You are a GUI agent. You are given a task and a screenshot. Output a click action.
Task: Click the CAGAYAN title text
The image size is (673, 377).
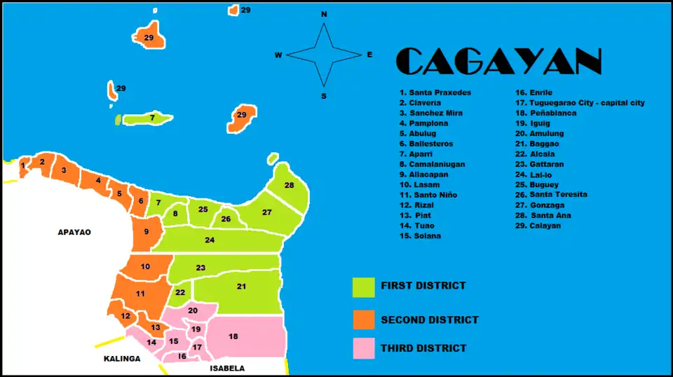(x=499, y=62)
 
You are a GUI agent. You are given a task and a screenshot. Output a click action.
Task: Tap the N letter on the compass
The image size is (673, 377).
(x=324, y=14)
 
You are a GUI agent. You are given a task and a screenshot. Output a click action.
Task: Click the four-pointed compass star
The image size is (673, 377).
(x=324, y=55)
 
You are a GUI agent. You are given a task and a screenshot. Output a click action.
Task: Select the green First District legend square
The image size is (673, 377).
(x=363, y=287)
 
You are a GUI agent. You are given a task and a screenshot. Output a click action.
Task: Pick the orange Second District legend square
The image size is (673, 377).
(x=363, y=320)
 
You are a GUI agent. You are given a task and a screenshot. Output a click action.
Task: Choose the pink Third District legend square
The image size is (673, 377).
(x=363, y=348)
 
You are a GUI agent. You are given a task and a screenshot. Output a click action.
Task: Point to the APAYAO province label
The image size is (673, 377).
(x=74, y=232)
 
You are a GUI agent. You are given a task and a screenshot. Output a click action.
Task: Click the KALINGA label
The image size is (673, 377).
(x=122, y=359)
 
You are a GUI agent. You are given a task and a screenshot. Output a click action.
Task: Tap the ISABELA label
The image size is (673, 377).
(x=227, y=368)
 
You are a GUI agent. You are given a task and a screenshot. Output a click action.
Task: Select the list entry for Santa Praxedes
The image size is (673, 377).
(x=435, y=92)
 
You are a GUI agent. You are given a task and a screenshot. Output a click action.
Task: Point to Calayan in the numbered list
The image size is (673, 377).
(x=538, y=226)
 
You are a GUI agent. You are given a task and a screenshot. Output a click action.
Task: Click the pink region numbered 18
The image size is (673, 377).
(x=242, y=337)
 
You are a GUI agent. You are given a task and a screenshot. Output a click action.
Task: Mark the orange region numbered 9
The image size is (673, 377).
(x=147, y=232)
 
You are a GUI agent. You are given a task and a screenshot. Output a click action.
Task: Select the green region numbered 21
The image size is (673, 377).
(x=241, y=287)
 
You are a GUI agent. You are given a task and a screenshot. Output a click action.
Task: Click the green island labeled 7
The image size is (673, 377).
(x=149, y=118)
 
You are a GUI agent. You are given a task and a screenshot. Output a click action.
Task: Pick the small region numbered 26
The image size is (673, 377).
(x=226, y=220)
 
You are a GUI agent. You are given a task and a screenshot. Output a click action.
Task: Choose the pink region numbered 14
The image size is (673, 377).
(x=150, y=343)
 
